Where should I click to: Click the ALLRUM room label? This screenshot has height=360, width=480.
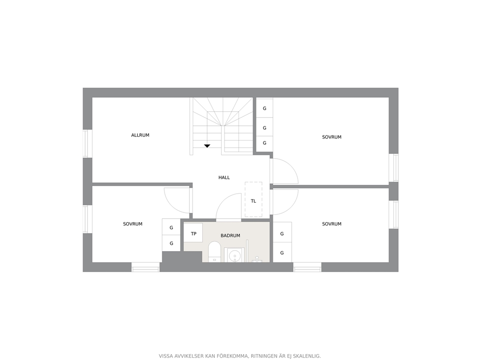(x=140, y=135)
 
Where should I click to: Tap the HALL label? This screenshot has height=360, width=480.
(x=224, y=177)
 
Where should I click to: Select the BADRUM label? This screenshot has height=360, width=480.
(x=230, y=236)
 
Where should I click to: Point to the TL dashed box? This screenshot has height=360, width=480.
(x=254, y=199)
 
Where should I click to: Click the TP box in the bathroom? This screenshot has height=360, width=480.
(x=193, y=233)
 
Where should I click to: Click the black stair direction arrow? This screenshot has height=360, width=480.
(x=207, y=146)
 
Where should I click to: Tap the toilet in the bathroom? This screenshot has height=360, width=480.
(x=214, y=252)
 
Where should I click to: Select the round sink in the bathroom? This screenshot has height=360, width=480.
(x=235, y=255)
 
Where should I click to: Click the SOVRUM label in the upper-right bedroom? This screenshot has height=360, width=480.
(x=331, y=137)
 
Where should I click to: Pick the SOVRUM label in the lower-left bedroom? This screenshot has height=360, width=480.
(x=133, y=224)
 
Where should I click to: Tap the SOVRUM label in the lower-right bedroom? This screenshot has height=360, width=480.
(x=331, y=224)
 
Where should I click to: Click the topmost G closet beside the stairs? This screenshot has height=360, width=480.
(x=265, y=108)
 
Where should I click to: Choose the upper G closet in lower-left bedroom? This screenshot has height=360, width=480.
(x=171, y=227)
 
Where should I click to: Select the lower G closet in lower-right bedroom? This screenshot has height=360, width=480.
(x=282, y=253)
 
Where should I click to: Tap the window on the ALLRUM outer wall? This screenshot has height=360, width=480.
(x=88, y=144)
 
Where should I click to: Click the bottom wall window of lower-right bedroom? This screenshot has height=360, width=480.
(x=307, y=267)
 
